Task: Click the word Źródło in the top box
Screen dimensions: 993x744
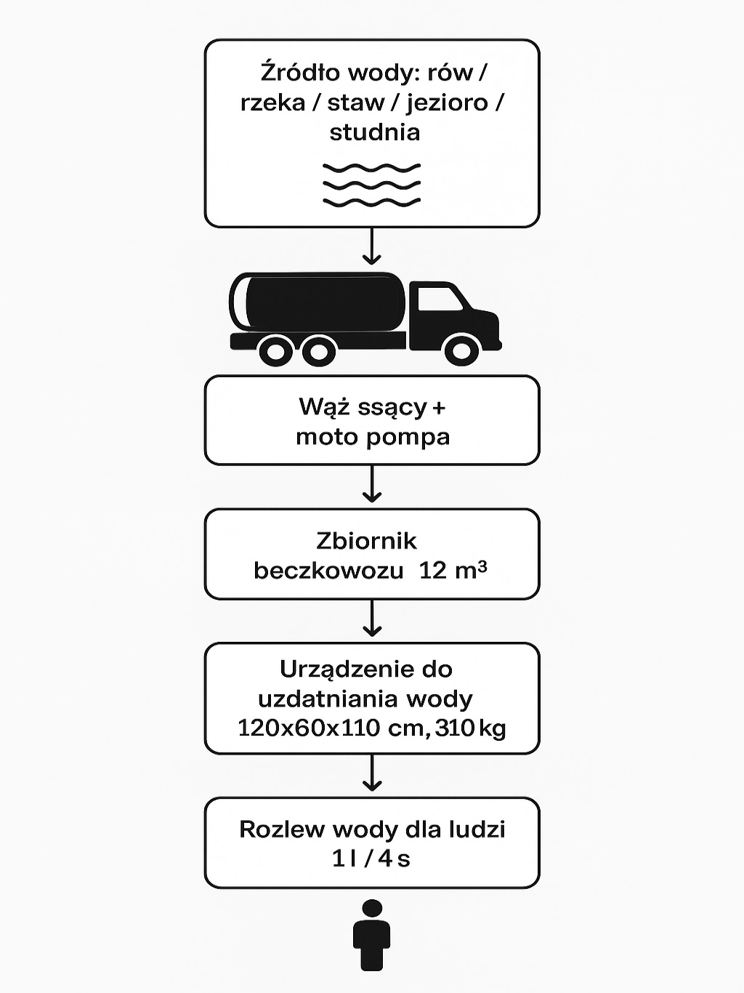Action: (299, 73)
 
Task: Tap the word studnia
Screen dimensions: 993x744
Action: (374, 132)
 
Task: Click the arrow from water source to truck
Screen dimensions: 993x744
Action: (372, 247)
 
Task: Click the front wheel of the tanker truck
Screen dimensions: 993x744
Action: (461, 350)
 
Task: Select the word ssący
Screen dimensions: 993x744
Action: (392, 408)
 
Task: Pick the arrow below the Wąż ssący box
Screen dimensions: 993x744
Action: (372, 484)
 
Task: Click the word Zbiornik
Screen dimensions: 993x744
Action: (367, 541)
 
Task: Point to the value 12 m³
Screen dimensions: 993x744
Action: (452, 571)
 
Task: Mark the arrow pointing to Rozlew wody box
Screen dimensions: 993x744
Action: (372, 773)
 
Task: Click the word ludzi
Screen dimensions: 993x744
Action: (476, 829)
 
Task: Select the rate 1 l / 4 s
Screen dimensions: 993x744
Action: (371, 859)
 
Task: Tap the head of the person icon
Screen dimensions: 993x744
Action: (372, 909)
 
